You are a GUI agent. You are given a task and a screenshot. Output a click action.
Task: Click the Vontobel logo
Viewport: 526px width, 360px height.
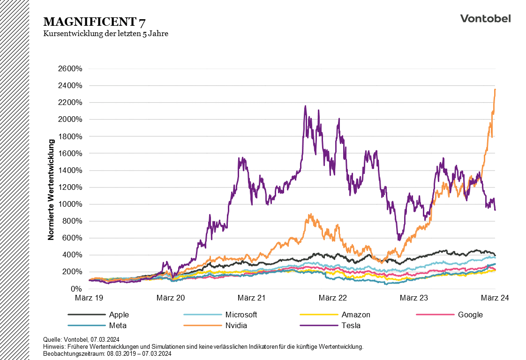pyautogui.click(x=485, y=18)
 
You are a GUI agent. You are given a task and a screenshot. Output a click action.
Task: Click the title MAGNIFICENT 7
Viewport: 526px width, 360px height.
pyautogui.click(x=94, y=22)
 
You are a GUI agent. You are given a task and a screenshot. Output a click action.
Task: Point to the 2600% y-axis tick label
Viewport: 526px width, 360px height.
pyautogui.click(x=70, y=69)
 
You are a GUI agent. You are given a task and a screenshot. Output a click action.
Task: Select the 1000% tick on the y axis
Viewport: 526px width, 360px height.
pyautogui.click(x=70, y=204)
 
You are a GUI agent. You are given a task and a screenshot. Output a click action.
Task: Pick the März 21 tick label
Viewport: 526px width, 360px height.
pyautogui.click(x=252, y=298)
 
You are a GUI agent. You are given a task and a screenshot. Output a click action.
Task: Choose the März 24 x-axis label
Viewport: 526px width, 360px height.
pyautogui.click(x=495, y=298)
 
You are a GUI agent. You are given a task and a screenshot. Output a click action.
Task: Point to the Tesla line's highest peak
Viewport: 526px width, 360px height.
pyautogui.click(x=305, y=106)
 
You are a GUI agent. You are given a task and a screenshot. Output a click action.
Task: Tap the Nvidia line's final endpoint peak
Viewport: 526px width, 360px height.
pyautogui.click(x=495, y=89)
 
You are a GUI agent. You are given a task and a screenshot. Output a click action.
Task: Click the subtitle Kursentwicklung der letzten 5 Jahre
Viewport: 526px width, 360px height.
pyautogui.click(x=105, y=34)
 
